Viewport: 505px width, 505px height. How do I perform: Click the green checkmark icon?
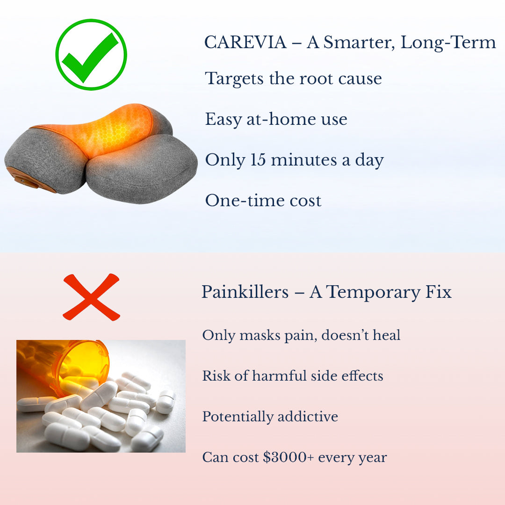(x=91, y=54)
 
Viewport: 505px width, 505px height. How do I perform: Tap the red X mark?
(x=91, y=297)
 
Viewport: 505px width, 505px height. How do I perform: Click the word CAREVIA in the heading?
(x=245, y=43)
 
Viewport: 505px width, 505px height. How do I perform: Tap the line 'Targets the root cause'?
(x=293, y=78)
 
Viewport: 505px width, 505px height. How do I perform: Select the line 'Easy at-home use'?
(x=276, y=119)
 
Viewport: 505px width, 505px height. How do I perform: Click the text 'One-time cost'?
(x=263, y=201)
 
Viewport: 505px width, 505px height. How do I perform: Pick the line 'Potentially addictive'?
(x=270, y=416)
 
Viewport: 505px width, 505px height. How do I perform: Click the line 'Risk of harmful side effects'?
(x=292, y=375)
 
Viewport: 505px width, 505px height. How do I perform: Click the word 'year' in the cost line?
(x=373, y=458)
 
